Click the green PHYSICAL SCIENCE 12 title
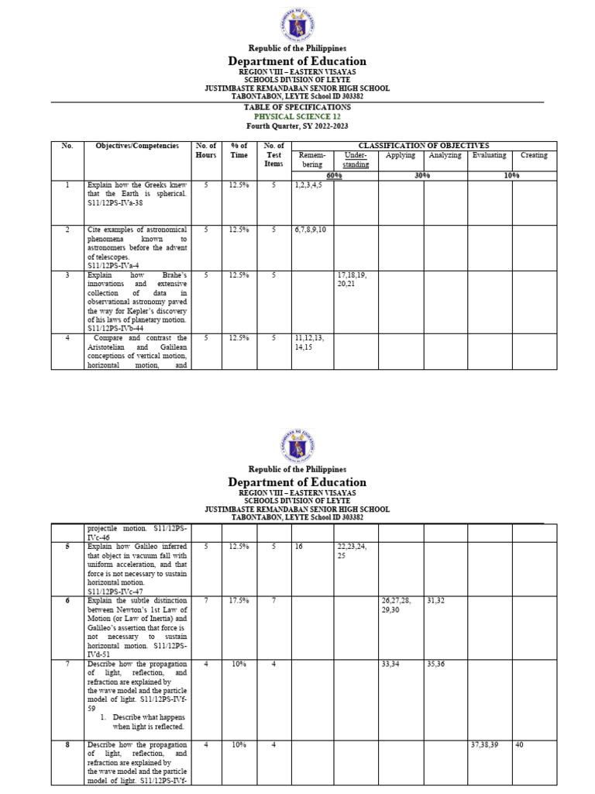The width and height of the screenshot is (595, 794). (297, 116)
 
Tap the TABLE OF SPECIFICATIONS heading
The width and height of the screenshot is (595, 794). (297, 107)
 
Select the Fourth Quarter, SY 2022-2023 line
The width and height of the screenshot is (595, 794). (297, 126)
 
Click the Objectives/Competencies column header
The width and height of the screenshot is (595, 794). (137, 146)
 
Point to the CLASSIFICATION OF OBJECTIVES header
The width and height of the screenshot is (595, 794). (422, 146)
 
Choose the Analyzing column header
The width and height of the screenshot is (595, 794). (445, 155)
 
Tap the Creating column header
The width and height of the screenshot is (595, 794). (534, 155)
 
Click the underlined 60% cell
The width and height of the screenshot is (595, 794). (334, 176)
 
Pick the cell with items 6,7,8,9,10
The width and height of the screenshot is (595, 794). (312, 230)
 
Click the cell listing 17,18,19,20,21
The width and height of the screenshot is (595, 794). (355, 279)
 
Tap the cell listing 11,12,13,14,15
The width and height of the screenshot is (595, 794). (311, 343)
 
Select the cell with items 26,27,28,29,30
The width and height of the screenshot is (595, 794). (401, 606)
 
